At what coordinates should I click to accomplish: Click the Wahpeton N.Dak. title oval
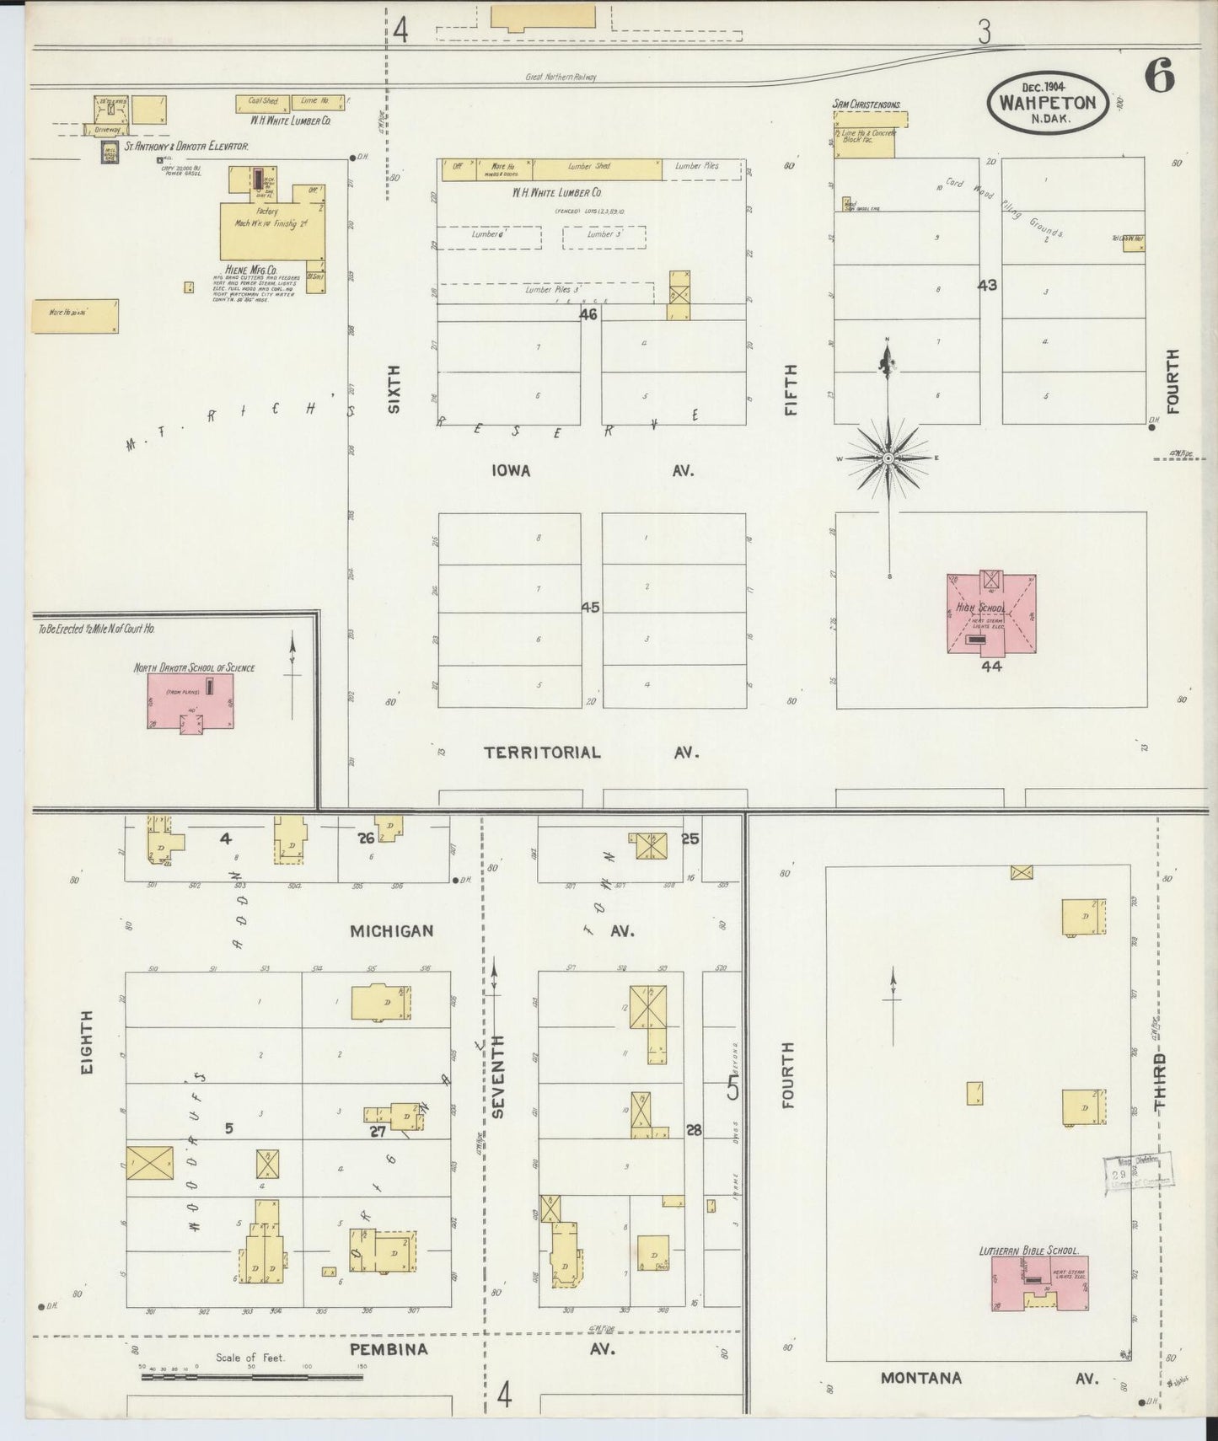(1047, 103)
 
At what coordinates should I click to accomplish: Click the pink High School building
(991, 614)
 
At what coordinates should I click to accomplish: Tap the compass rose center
(888, 458)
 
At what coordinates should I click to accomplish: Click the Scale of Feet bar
(251, 1378)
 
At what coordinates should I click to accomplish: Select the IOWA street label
(511, 471)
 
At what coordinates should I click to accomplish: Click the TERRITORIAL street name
(542, 753)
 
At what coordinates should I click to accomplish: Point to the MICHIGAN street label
(392, 931)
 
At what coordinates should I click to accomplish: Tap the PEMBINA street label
(389, 1349)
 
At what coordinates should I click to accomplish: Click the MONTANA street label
(920, 1378)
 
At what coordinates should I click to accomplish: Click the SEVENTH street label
(497, 1077)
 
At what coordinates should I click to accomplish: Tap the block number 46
(588, 314)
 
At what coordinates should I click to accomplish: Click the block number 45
(590, 607)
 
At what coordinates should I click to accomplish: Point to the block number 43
(987, 286)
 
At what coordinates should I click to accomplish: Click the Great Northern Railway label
(561, 77)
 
